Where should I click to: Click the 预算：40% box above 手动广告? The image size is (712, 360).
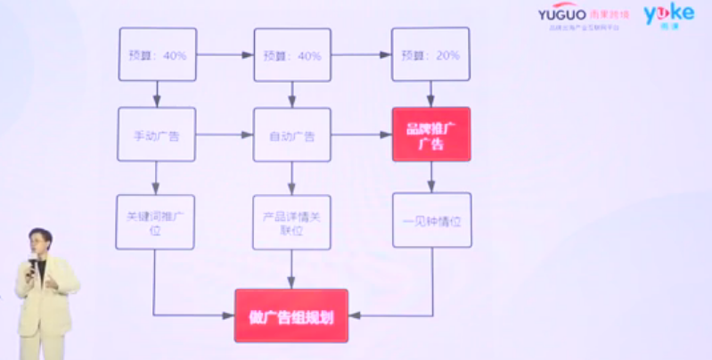(158, 55)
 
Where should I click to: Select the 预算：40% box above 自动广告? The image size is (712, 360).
(292, 55)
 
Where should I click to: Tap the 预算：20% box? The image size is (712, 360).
(430, 55)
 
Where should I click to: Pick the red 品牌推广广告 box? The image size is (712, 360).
(430, 135)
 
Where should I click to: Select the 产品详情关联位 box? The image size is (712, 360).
(291, 222)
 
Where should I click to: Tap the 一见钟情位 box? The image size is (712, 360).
(430, 221)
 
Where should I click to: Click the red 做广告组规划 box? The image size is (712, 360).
(291, 315)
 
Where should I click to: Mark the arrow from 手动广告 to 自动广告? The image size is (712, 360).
(225, 135)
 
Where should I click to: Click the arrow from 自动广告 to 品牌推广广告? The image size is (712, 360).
(361, 135)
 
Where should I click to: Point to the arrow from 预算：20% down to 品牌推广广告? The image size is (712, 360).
(431, 94)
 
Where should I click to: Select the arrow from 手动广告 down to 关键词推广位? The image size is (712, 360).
(156, 178)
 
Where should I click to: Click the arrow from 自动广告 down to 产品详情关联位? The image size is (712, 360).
(292, 178)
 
